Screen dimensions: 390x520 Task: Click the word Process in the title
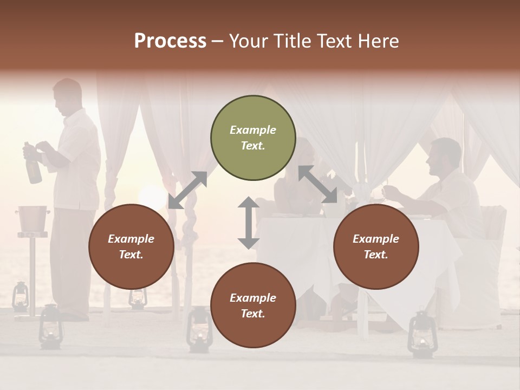(x=170, y=41)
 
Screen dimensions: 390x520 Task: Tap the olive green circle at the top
(x=253, y=138)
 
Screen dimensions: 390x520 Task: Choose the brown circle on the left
(x=131, y=247)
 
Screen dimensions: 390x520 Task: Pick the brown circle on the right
(x=376, y=247)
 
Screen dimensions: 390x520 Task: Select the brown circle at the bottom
(x=253, y=305)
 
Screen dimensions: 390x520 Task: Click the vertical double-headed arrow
(x=249, y=223)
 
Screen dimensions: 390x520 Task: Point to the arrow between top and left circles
(x=187, y=190)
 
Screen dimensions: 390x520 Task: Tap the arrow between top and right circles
(x=317, y=184)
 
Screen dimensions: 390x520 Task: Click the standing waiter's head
(x=67, y=95)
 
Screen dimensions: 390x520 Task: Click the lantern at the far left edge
(x=20, y=296)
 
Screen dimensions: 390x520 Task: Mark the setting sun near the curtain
(x=152, y=198)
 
